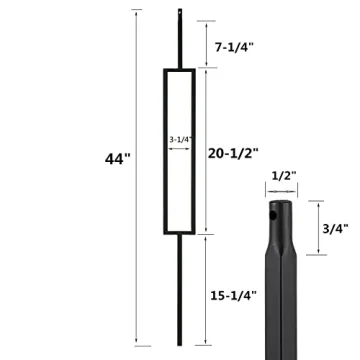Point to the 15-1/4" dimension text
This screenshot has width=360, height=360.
[236, 296]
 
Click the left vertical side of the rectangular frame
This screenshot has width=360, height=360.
[162, 150]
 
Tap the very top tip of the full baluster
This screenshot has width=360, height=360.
[180, 9]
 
